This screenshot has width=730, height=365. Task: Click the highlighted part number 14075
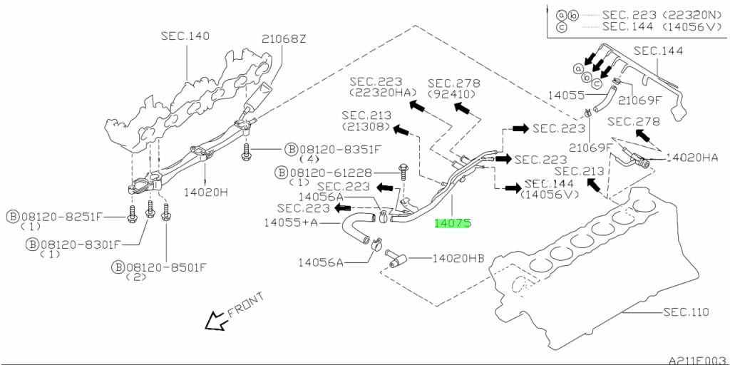point(453,223)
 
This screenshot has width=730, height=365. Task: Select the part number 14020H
point(206,192)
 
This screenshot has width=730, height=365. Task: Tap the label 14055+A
point(291,223)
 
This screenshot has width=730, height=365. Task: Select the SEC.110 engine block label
point(687,312)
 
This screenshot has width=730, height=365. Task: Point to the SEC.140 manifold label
point(185,36)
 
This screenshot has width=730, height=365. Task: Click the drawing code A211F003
point(696,360)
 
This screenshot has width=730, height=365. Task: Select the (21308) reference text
point(366,127)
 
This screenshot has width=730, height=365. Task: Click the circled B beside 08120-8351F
point(291,150)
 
